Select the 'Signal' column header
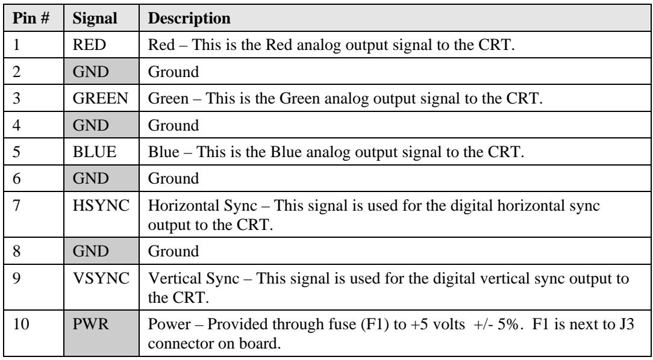tap(95, 19)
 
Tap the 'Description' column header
tap(189, 19)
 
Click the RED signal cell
tap(89, 45)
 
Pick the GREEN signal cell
tap(101, 99)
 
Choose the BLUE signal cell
tap(95, 152)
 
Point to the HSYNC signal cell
tap(101, 205)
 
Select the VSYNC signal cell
tap(101, 278)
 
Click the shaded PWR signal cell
tap(102, 332)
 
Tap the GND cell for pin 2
tap(102, 72)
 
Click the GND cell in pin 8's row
tap(102, 251)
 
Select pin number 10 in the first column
tap(21, 324)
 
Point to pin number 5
tap(17, 152)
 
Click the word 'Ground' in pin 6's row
tap(173, 178)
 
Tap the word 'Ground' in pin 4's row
tap(173, 125)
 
